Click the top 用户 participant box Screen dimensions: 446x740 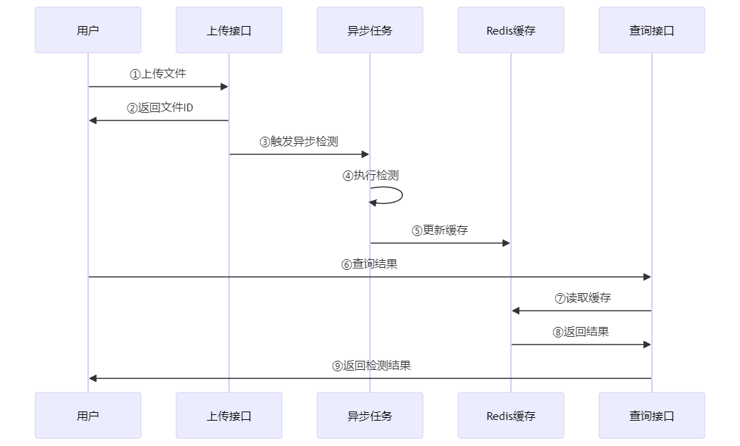[88, 30]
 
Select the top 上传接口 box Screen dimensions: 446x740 [229, 30]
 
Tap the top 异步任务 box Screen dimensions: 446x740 [370, 30]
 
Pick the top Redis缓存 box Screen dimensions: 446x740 [511, 30]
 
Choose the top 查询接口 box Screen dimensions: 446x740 [652, 30]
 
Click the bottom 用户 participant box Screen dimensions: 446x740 [88, 416]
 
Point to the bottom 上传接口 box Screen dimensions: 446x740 [229, 416]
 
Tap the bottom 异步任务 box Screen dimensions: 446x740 [370, 416]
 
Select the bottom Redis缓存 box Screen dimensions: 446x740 [511, 416]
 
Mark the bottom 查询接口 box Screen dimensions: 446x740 [652, 416]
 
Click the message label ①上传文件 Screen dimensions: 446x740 [158, 73]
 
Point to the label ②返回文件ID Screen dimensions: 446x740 [159, 108]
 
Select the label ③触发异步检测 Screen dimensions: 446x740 [299, 142]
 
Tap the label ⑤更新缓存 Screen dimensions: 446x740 [440, 230]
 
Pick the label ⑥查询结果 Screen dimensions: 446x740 [369, 264]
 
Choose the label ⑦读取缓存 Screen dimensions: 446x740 [582, 298]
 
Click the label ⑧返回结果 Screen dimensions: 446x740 [581, 332]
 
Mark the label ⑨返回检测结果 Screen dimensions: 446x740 [371, 366]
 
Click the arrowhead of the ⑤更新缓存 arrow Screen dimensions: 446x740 [506, 243]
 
